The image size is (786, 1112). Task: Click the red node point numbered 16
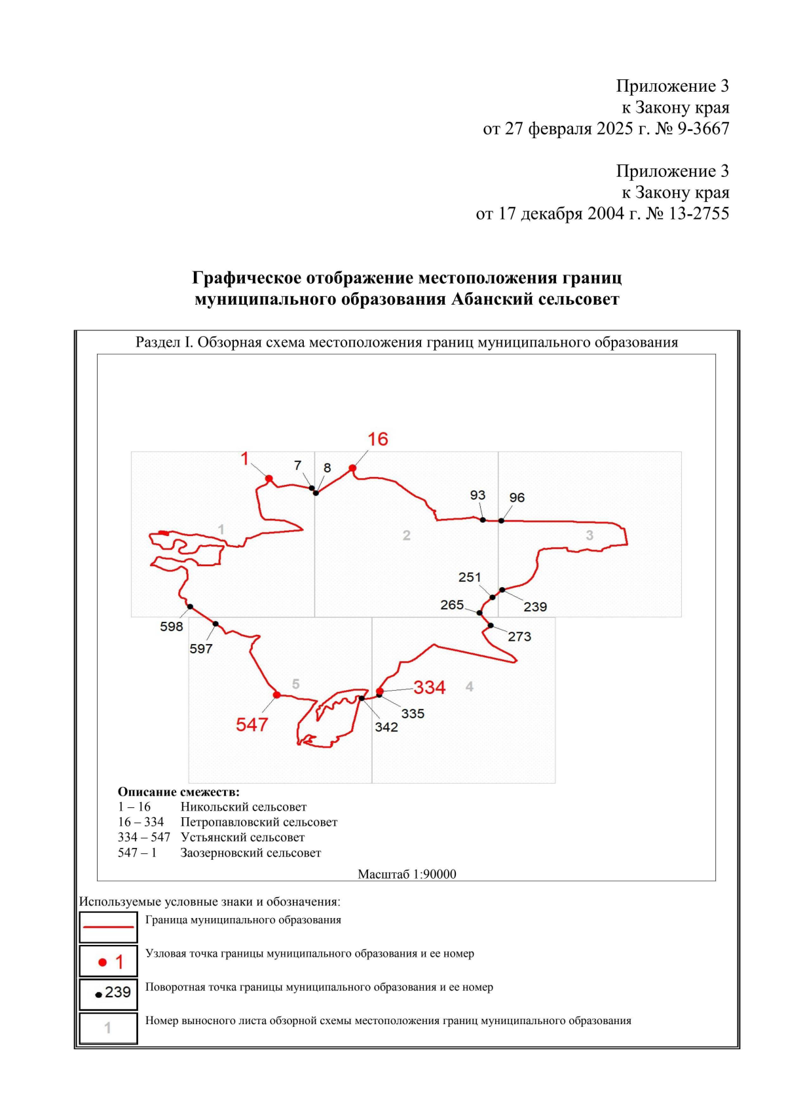point(352,468)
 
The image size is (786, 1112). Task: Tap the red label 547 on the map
point(252,725)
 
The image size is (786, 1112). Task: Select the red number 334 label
point(429,687)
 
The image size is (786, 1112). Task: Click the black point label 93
point(477,495)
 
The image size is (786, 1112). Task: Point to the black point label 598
point(172,626)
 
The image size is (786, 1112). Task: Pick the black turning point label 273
point(519,636)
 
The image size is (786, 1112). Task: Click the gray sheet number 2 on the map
point(407,535)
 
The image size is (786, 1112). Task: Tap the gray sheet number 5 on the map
point(295,684)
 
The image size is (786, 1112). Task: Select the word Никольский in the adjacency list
point(215,807)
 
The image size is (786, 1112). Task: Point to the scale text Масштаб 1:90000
point(407,874)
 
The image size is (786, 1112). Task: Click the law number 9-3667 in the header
point(703,129)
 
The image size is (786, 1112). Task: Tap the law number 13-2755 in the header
point(698,214)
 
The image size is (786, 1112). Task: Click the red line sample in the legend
point(109,927)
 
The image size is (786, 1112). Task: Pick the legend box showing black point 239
point(109,993)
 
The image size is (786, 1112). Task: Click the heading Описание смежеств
point(178,792)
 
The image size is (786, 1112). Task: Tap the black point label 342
point(386,727)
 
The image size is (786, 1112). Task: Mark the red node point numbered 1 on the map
point(269,479)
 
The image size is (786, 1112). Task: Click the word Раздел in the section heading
point(155,342)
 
